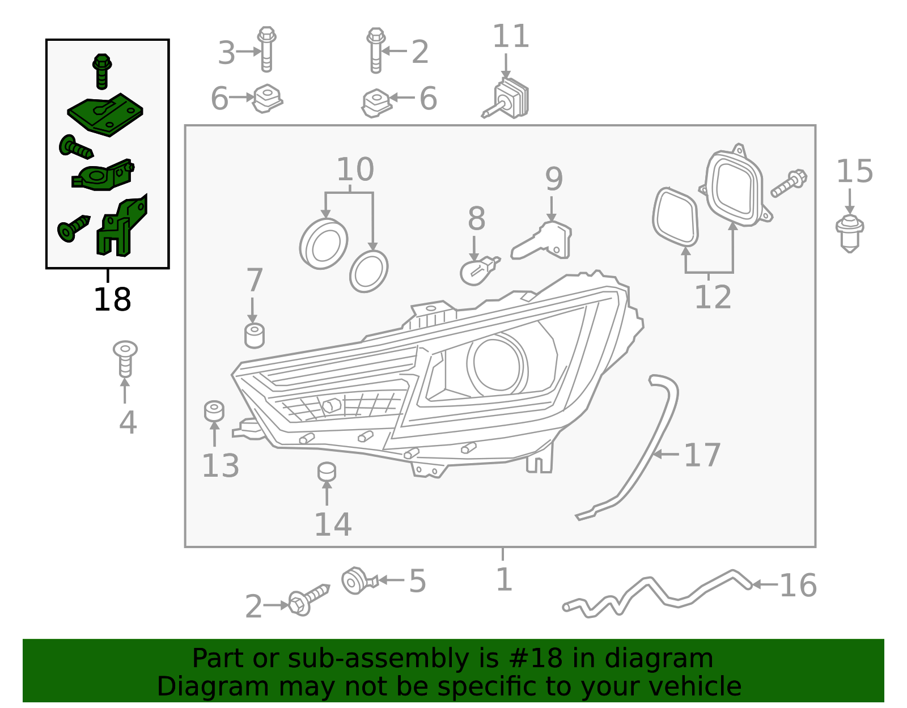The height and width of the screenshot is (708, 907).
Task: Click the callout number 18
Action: pos(112,300)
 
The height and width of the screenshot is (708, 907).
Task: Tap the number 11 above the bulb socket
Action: pos(510,37)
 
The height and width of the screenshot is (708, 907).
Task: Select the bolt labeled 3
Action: pos(266,49)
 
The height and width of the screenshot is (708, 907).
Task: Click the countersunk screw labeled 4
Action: pos(125,359)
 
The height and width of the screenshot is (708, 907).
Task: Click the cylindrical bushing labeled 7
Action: pos(255,335)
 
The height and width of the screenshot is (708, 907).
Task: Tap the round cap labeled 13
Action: pos(214,411)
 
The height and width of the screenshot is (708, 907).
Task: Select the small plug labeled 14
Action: pos(327,472)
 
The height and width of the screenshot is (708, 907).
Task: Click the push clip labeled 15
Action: pos(849,232)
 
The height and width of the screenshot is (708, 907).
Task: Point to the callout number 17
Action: pos(702,455)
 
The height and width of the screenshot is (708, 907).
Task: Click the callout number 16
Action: pos(798,586)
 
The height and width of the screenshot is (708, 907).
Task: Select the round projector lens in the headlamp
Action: pos(497,363)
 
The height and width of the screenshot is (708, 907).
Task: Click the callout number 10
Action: pos(355,169)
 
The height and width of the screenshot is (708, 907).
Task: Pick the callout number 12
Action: pos(713,297)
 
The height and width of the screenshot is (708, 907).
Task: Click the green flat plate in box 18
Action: pos(105,114)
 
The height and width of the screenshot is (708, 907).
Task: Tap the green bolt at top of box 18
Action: pos(101,71)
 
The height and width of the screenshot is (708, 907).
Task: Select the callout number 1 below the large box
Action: pos(503,579)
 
